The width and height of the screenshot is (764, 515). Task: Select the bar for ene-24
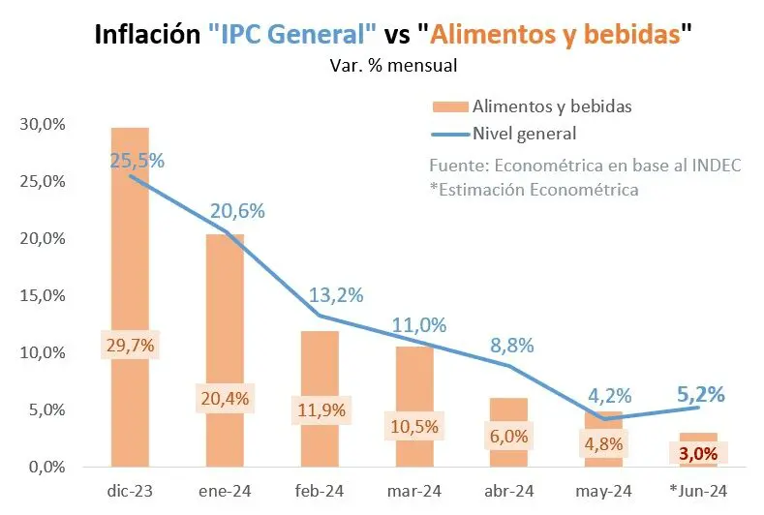(x=224, y=310)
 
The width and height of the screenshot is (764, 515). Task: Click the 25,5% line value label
(x=137, y=161)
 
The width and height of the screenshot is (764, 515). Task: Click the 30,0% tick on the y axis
(x=41, y=125)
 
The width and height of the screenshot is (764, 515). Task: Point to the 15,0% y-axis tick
(x=41, y=296)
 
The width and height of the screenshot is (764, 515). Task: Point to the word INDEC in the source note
(x=718, y=165)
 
